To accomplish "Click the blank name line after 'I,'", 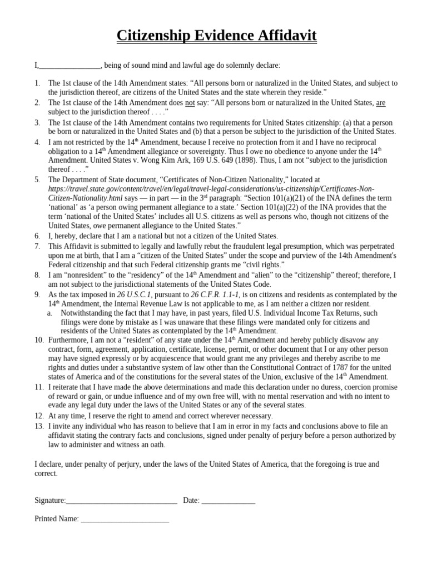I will tap(69, 66).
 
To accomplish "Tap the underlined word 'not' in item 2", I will tap(190, 103).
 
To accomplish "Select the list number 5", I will tap(37, 179).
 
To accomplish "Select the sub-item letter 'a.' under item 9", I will tap(50, 313).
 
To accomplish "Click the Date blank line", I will tap(228, 501).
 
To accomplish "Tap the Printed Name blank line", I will tap(125, 520).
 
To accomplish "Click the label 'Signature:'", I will tap(50, 500).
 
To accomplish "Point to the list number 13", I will tap(38, 426).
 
